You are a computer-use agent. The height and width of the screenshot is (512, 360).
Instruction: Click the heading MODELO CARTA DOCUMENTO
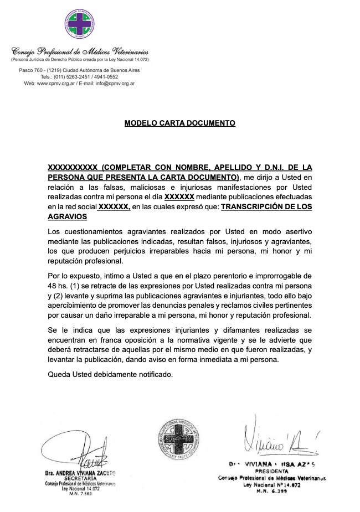pos(180,123)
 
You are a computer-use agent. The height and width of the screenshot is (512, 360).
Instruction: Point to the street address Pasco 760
pos(33,71)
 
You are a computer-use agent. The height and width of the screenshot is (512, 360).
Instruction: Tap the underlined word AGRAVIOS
pos(66,217)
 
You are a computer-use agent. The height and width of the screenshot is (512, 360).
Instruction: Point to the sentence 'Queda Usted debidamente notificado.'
pos(110,374)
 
